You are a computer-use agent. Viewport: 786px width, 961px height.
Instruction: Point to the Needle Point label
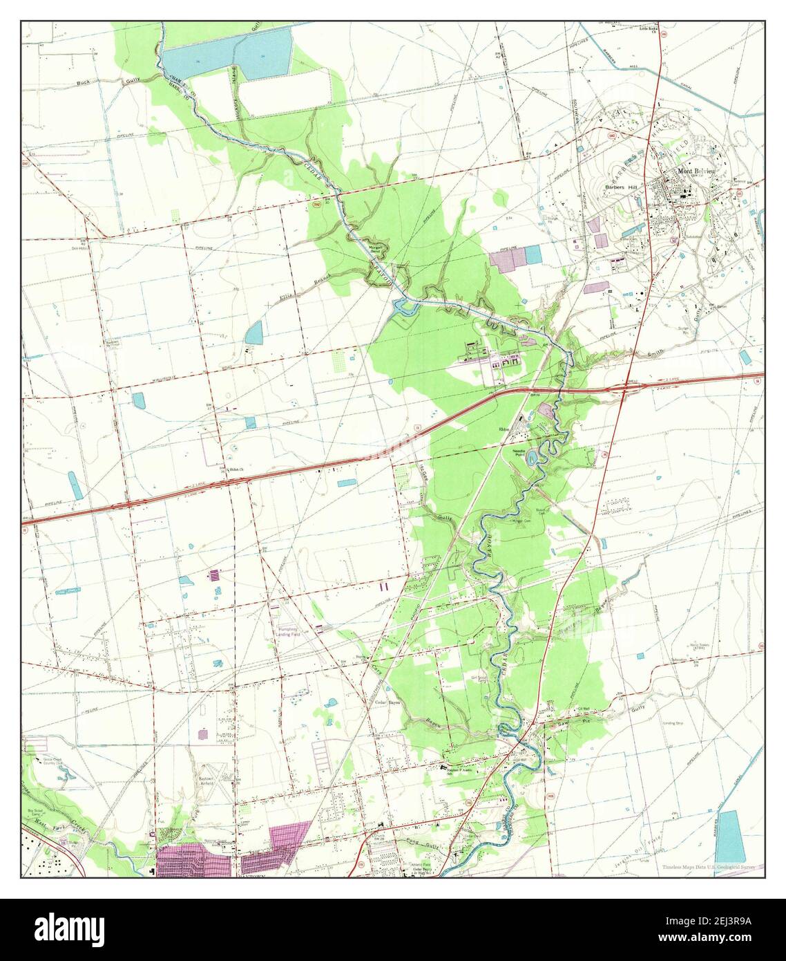pos(519,451)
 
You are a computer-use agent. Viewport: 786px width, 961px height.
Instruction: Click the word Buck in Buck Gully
pos(84,82)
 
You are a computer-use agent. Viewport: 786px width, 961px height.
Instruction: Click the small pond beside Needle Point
pos(533,457)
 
